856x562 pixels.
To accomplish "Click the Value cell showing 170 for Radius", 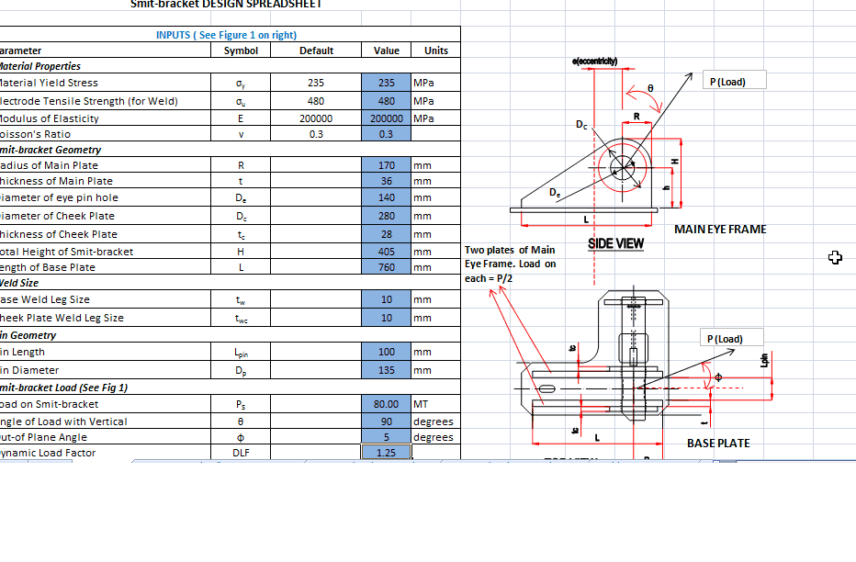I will pos(387,166).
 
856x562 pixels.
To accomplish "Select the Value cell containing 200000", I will pos(387,118).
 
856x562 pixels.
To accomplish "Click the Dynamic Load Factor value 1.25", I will pos(387,454).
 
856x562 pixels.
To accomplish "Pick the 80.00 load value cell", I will pos(387,404).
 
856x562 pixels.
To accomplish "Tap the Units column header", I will pos(436,51).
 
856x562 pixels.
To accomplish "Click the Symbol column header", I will pos(241,51).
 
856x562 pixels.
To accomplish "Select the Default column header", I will pos(316,51).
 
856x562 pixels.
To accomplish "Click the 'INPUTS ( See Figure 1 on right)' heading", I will pos(226,35).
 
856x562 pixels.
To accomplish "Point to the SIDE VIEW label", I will pos(615,244).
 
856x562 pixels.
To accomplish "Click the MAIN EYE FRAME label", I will pos(720,229).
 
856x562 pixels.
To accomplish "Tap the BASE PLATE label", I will pos(718,444).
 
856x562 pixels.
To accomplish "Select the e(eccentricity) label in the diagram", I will pos(594,61).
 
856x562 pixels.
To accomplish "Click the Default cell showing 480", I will pos(316,101).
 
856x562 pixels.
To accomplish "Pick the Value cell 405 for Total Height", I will pos(387,252).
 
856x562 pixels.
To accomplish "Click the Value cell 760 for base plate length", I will pos(387,268).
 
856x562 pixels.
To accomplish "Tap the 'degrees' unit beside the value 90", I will pos(434,421).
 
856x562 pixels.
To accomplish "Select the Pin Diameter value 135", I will pos(387,370).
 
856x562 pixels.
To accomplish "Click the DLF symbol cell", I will pos(241,454).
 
